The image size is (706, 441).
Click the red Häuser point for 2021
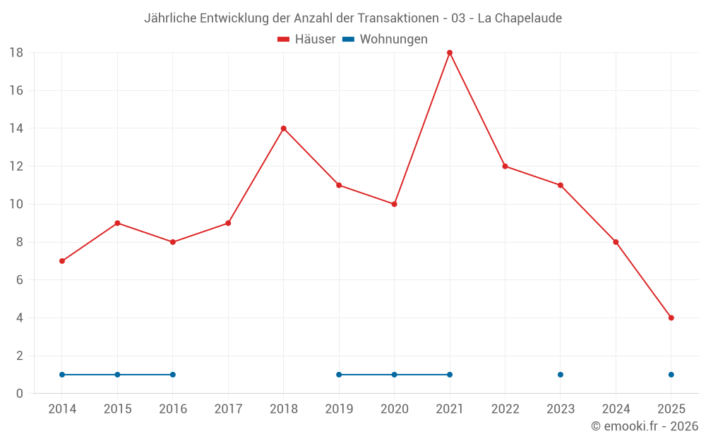point(450,53)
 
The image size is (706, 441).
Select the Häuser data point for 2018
point(284,128)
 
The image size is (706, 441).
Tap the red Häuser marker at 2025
point(671,318)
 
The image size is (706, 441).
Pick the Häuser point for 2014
point(62,261)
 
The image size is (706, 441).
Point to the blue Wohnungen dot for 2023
point(561,375)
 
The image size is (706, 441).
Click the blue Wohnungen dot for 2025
point(671,375)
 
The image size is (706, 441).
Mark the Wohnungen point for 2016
point(173,375)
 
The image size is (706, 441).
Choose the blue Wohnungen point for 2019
point(339,375)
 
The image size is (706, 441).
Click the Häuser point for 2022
point(505,167)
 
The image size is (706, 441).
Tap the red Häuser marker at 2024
point(616,242)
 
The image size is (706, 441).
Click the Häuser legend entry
point(306,40)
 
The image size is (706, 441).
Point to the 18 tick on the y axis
point(16,53)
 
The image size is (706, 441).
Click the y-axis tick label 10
point(16,205)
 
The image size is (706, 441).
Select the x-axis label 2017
point(228,409)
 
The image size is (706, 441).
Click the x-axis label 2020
point(394,409)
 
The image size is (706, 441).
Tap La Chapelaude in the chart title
point(520,18)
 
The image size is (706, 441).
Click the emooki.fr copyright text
point(645,426)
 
